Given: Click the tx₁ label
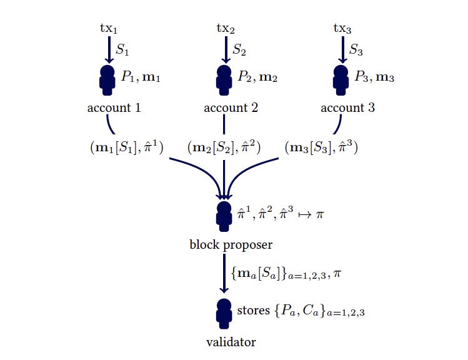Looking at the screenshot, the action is click(108, 28).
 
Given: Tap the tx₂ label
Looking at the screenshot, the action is click(225, 28).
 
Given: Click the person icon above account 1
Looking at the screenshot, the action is click(107, 78).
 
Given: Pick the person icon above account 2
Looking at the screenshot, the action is click(224, 78).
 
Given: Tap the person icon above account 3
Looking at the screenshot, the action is click(341, 78).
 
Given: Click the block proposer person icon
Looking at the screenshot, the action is click(224, 216).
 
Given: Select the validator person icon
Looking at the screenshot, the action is click(224, 312).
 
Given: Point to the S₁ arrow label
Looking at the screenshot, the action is click(124, 49).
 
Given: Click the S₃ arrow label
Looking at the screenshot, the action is click(357, 49).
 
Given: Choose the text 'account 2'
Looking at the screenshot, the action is click(231, 107).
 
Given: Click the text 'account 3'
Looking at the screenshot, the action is click(348, 107).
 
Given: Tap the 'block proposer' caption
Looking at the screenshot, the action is click(222, 244).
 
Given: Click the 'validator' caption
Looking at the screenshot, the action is click(231, 341).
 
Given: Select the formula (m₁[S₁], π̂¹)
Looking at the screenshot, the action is click(127, 148).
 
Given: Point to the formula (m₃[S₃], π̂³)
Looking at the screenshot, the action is click(321, 148).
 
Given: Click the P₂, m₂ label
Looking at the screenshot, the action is click(257, 77).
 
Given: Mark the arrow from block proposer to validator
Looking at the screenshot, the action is click(224, 272).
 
